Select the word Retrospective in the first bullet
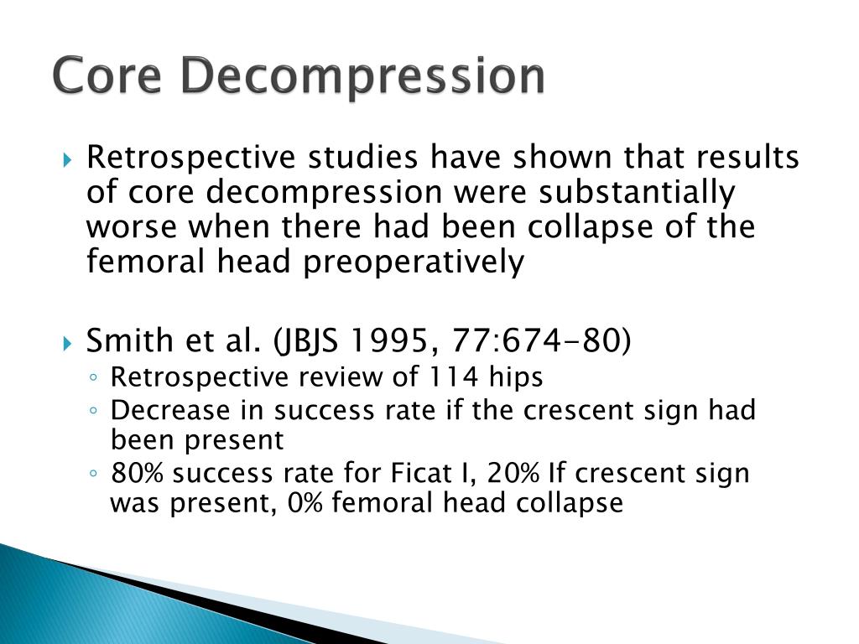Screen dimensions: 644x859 [x=192, y=158]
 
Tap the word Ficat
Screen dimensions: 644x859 [x=417, y=474]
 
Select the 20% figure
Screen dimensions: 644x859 [x=513, y=474]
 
